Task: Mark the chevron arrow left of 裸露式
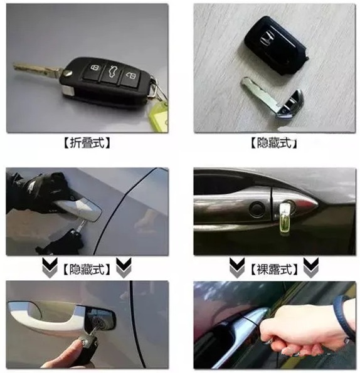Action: (235, 270)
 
